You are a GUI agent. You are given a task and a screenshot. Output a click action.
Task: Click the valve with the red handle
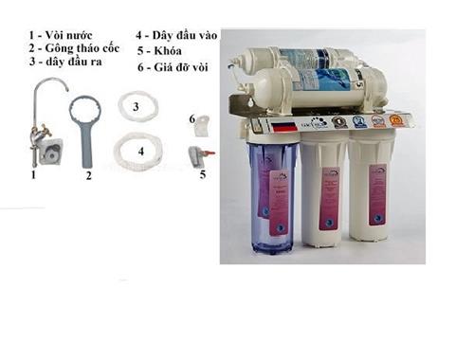click(x=198, y=155)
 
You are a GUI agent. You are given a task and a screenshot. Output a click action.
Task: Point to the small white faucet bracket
click(x=200, y=123)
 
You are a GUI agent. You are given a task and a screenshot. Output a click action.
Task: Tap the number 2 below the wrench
click(x=88, y=176)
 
